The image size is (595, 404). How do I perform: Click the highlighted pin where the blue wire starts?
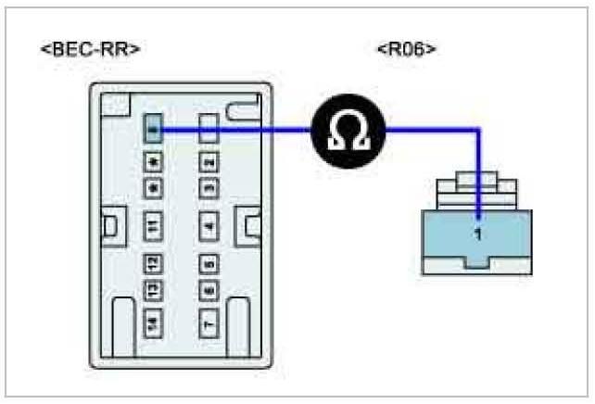(153, 131)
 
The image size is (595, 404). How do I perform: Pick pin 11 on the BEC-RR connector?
(153, 224)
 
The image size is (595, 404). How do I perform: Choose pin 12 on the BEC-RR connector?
(153, 264)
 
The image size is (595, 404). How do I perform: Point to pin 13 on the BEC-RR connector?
(153, 291)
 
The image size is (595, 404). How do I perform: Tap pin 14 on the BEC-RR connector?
(153, 322)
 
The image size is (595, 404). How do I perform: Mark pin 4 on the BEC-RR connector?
(209, 224)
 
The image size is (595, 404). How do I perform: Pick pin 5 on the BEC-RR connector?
(209, 264)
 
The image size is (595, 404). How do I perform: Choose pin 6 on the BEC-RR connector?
(209, 291)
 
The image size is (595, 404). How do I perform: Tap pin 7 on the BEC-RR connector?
(209, 322)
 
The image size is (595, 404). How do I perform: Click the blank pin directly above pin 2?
(209, 126)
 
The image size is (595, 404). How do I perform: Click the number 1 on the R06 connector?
(478, 234)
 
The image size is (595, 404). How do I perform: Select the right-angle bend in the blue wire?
(478, 132)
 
